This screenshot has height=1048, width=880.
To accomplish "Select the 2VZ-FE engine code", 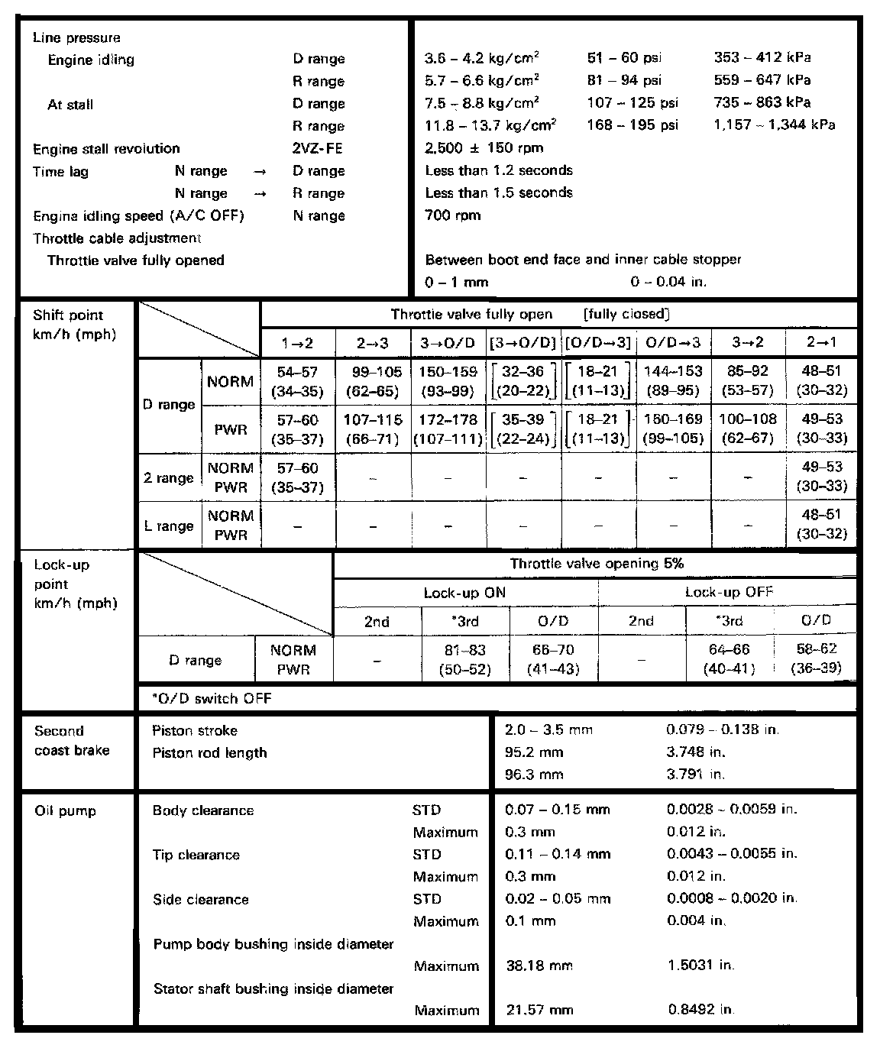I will pyautogui.click(x=318, y=149).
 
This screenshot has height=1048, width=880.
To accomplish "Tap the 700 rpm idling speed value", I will pyautogui.click(x=453, y=215).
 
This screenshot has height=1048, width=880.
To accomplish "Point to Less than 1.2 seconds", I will pyautogui.click(x=499, y=170).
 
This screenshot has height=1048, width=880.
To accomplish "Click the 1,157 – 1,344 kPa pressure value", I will pyautogui.click(x=774, y=125).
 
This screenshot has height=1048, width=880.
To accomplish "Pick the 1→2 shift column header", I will pyautogui.click(x=298, y=342).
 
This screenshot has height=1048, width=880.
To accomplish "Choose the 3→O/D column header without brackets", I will pyautogui.click(x=448, y=342).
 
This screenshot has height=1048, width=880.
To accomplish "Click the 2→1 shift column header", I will pyautogui.click(x=821, y=342).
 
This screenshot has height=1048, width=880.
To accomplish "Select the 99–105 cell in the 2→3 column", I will pyautogui.click(x=373, y=381).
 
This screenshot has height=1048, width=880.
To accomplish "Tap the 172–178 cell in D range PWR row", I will pyautogui.click(x=448, y=429).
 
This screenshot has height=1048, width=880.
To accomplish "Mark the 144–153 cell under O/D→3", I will pyautogui.click(x=673, y=381).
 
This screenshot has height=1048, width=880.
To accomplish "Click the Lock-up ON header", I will pyautogui.click(x=464, y=593).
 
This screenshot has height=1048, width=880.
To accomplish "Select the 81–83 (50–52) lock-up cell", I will pyautogui.click(x=464, y=660).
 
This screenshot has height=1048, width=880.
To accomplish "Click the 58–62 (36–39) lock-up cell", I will pyautogui.click(x=816, y=658).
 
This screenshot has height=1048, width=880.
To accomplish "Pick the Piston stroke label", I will pyautogui.click(x=195, y=731).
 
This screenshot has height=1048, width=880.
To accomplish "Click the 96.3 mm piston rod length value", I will pyautogui.click(x=534, y=775).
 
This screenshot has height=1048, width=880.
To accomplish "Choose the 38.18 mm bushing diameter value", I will pyautogui.click(x=539, y=966).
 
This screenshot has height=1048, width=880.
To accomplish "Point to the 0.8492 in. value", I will pyautogui.click(x=700, y=1010).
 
